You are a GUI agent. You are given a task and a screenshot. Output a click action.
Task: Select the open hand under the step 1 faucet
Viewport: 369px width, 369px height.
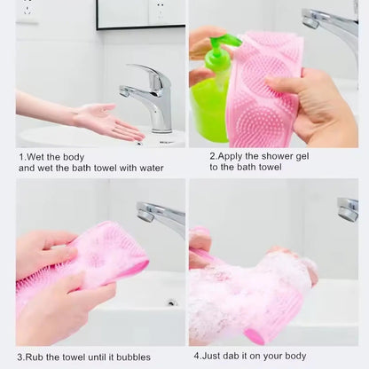[106, 120]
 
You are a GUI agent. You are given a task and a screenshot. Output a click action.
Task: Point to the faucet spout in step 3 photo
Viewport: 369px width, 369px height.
[160, 213]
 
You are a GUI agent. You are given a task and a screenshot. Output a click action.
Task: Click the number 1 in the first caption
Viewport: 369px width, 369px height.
[20, 157]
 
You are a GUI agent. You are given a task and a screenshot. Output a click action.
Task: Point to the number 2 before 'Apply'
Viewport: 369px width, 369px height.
[211, 155]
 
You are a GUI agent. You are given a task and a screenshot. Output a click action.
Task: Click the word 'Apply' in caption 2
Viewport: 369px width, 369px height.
[232, 156]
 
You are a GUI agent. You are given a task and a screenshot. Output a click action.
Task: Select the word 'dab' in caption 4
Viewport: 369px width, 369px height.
[233, 357]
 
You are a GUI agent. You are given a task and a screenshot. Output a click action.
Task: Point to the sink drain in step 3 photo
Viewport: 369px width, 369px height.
[171, 302]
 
